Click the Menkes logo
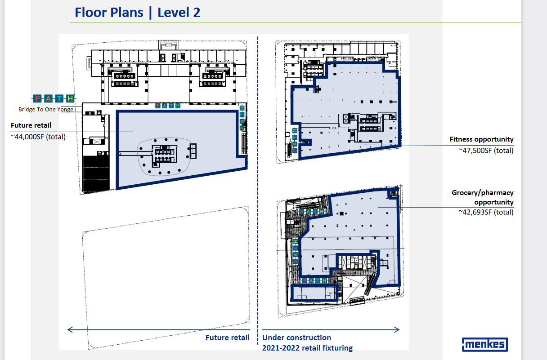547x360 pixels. pyautogui.click(x=485, y=344)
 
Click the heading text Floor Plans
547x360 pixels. pyautogui.click(x=109, y=13)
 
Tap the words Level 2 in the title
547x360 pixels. pyautogui.click(x=179, y=13)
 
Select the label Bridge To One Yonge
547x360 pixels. pyautogui.click(x=46, y=109)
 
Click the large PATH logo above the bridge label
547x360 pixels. pyautogui.click(x=54, y=98)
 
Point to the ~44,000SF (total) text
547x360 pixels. pyautogui.click(x=38, y=137)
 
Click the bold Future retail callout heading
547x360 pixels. pyautogui.click(x=31, y=125)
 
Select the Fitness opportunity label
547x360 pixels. pyautogui.click(x=482, y=139)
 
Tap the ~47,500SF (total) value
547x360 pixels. pyautogui.click(x=486, y=151)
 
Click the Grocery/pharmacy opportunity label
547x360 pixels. pyautogui.click(x=483, y=197)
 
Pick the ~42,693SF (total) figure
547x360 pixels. pyautogui.click(x=486, y=212)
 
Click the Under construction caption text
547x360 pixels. pyautogui.click(x=296, y=338)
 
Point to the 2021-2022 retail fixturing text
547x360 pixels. pyautogui.click(x=307, y=348)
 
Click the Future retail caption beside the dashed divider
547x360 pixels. pyautogui.click(x=227, y=338)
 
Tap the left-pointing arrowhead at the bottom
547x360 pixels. pyautogui.click(x=70, y=330)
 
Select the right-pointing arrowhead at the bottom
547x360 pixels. pyautogui.click(x=397, y=330)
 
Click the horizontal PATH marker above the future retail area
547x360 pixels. pyautogui.click(x=168, y=106)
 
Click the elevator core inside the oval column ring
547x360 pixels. pyautogui.click(x=164, y=156)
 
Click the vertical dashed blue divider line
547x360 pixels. pyautogui.click(x=258, y=191)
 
